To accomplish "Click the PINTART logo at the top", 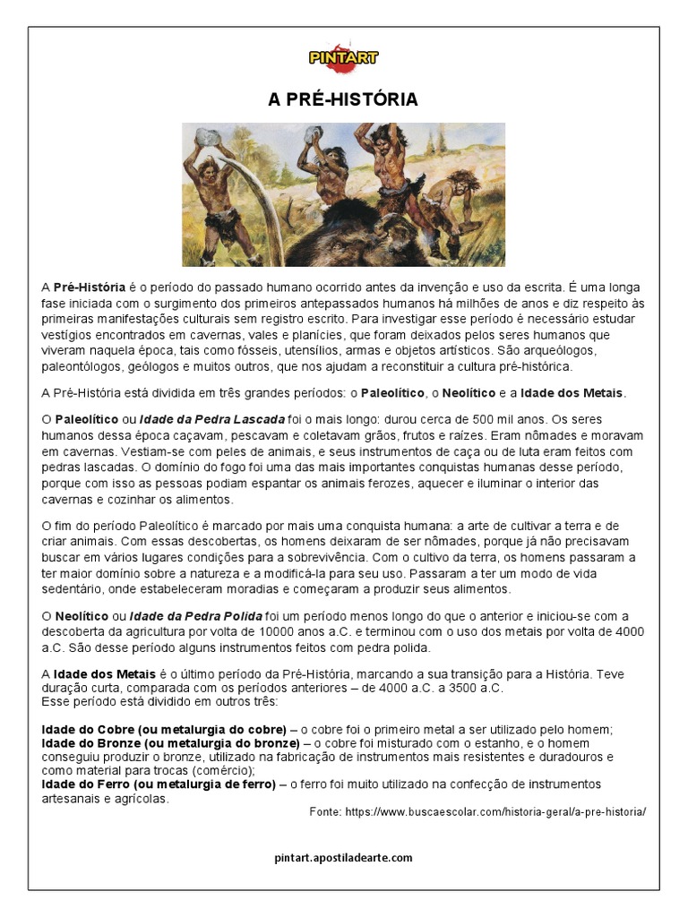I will [x=343, y=58].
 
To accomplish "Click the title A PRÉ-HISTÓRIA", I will [x=343, y=99].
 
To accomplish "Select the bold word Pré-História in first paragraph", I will [x=90, y=287].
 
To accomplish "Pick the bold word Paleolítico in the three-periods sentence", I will [x=394, y=393].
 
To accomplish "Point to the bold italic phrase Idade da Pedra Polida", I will [x=196, y=616].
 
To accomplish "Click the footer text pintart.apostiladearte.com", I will [x=343, y=857].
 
